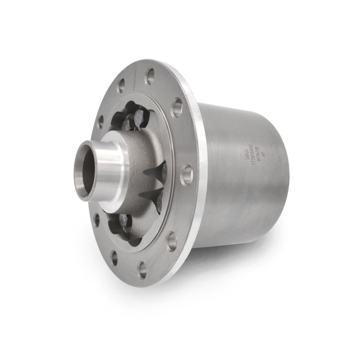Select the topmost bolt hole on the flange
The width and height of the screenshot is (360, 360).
150,76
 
